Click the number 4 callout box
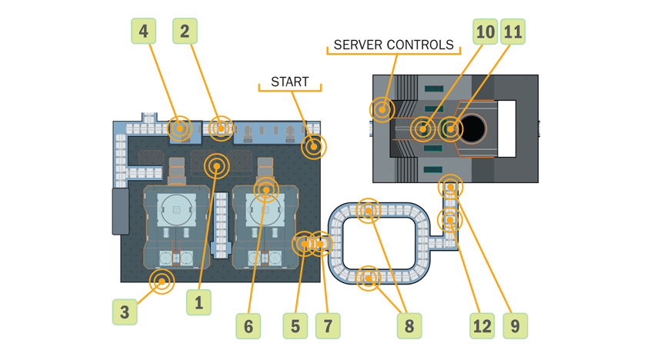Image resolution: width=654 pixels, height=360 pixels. [144, 32]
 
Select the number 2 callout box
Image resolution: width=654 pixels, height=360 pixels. [185, 32]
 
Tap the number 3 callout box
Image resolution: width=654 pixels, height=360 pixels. [125, 312]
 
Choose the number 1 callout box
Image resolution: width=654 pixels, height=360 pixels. [199, 302]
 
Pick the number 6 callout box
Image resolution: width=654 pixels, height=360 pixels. [249, 326]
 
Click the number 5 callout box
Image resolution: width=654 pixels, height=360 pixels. [295, 326]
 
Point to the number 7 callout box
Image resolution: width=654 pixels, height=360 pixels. [328, 326]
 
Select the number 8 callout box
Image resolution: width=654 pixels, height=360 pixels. [409, 326]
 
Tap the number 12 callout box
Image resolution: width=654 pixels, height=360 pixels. [482, 326]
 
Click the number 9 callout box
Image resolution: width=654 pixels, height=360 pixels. [516, 326]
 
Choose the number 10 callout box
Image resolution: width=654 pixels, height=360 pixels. [485, 32]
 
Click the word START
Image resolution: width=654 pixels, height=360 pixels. [289, 82]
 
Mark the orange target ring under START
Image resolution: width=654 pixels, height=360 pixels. [313, 145]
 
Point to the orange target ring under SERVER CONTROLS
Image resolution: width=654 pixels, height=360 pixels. [382, 109]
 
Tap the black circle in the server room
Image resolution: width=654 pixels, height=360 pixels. [472, 128]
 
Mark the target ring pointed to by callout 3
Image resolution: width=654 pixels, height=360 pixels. [162, 282]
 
